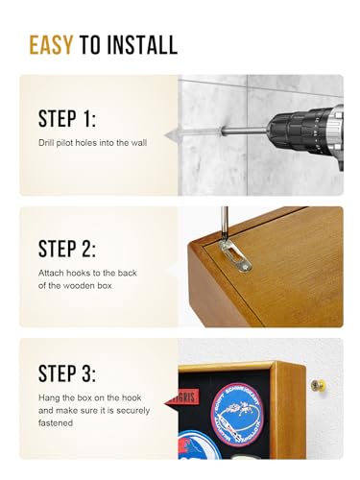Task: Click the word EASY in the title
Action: [x=51, y=45]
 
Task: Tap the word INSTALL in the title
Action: [x=142, y=45]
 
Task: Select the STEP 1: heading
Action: [x=67, y=119]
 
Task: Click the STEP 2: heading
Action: [x=67, y=249]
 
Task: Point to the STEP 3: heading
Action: [x=67, y=373]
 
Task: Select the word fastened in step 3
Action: [x=56, y=423]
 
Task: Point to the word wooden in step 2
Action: [x=76, y=285]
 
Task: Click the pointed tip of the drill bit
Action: [x=165, y=135]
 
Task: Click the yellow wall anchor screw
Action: [x=317, y=385]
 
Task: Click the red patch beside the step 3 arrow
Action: [x=186, y=397]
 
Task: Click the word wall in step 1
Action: [x=139, y=143]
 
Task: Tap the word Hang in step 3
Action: [x=47, y=397]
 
